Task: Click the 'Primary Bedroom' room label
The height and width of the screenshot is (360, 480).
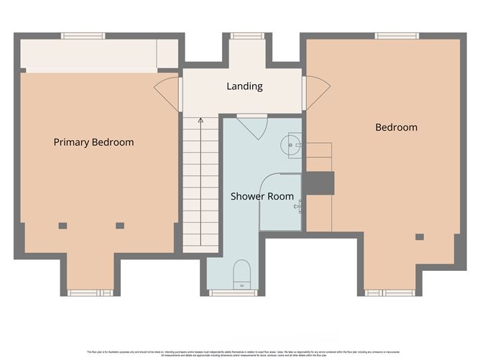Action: pyautogui.click(x=93, y=142)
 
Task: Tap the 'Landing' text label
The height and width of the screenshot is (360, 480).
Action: pyautogui.click(x=244, y=86)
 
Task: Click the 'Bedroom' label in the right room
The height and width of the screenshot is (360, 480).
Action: pyautogui.click(x=396, y=127)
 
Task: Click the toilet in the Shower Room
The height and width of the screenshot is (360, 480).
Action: pyautogui.click(x=242, y=273)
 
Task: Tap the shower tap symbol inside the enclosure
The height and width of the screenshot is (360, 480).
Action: pyautogui.click(x=297, y=207)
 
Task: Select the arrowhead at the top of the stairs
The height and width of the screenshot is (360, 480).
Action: pyautogui.click(x=202, y=121)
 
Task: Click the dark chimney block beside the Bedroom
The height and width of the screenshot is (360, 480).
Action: pyautogui.click(x=320, y=183)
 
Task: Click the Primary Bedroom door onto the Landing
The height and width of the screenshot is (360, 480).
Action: pyautogui.click(x=167, y=92)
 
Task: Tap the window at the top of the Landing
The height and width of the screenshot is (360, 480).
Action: pyautogui.click(x=244, y=35)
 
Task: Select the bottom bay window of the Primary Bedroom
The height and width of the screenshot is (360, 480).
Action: pyautogui.click(x=90, y=292)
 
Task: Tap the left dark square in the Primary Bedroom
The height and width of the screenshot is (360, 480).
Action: pyautogui.click(x=63, y=226)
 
